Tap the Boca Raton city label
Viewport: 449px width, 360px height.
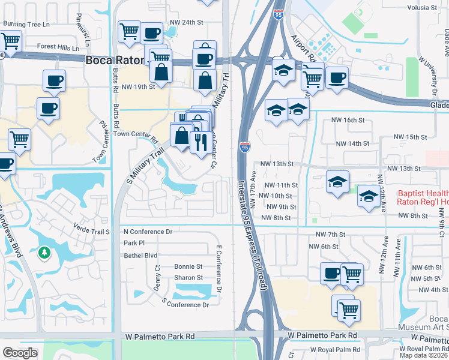pyautogui.click(x=113, y=61)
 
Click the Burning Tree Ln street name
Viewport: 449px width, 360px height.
pyautogui.click(x=25, y=25)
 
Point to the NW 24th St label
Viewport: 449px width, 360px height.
pyautogui.click(x=187, y=22)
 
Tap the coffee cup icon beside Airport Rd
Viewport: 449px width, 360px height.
pyautogui.click(x=337, y=77)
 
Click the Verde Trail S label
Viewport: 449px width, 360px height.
pyautogui.click(x=92, y=232)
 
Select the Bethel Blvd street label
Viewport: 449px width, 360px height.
pyautogui.click(x=142, y=256)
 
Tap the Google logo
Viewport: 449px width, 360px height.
pyautogui.click(x=20, y=353)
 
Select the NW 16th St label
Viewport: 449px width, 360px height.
pyautogui.click(x=349, y=120)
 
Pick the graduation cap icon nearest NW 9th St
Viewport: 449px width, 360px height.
pyautogui.click(x=368, y=196)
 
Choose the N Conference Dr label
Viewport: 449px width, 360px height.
pyautogui.click(x=148, y=232)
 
